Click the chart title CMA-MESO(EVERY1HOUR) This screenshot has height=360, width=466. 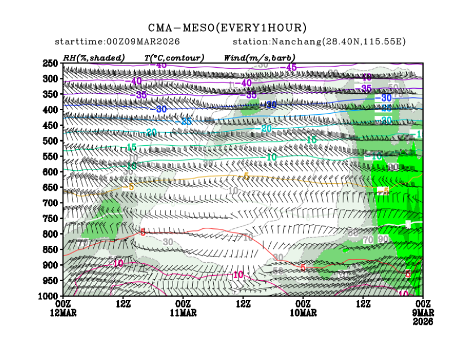tap(227, 28)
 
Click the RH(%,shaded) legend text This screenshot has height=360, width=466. tap(93, 58)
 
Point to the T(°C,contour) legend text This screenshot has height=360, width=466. tap(174, 58)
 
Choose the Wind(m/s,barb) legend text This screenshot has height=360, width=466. tap(260, 58)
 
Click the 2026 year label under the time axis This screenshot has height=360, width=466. tap(424, 322)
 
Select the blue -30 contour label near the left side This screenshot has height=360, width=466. tap(161, 109)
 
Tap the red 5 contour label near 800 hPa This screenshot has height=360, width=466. tap(143, 232)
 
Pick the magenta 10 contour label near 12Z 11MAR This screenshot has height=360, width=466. tap(238, 275)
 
